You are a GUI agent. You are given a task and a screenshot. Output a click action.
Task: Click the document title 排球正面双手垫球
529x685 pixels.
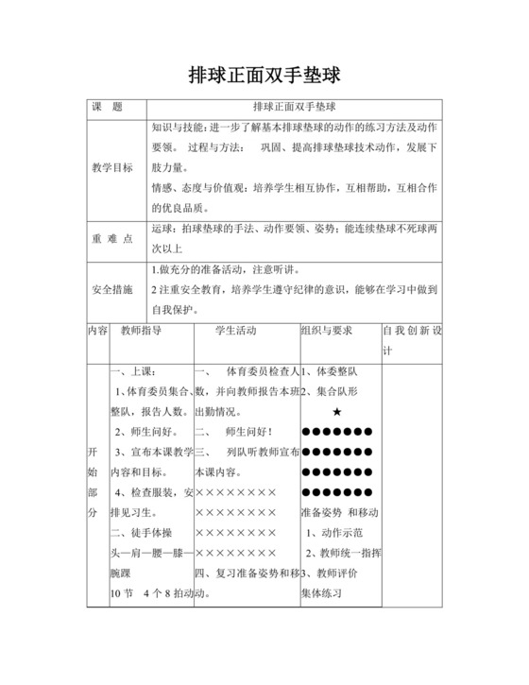click(264, 73)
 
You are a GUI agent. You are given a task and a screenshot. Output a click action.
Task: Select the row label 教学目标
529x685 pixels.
click(111, 167)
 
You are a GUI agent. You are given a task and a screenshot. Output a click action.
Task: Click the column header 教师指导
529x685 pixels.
click(140, 332)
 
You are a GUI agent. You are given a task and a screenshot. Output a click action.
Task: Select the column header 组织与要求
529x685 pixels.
click(326, 332)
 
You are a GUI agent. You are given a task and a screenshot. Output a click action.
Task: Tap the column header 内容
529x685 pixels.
click(97, 332)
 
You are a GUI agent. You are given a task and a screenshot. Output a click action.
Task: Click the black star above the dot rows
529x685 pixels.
click(337, 413)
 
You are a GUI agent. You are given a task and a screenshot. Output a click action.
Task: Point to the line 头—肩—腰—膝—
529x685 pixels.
click(151, 553)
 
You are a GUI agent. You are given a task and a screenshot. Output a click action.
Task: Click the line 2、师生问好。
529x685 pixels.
click(146, 432)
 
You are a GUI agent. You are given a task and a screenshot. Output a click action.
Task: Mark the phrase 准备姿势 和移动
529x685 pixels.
click(338, 512)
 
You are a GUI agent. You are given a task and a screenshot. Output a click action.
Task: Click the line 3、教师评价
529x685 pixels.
click(332, 574)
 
